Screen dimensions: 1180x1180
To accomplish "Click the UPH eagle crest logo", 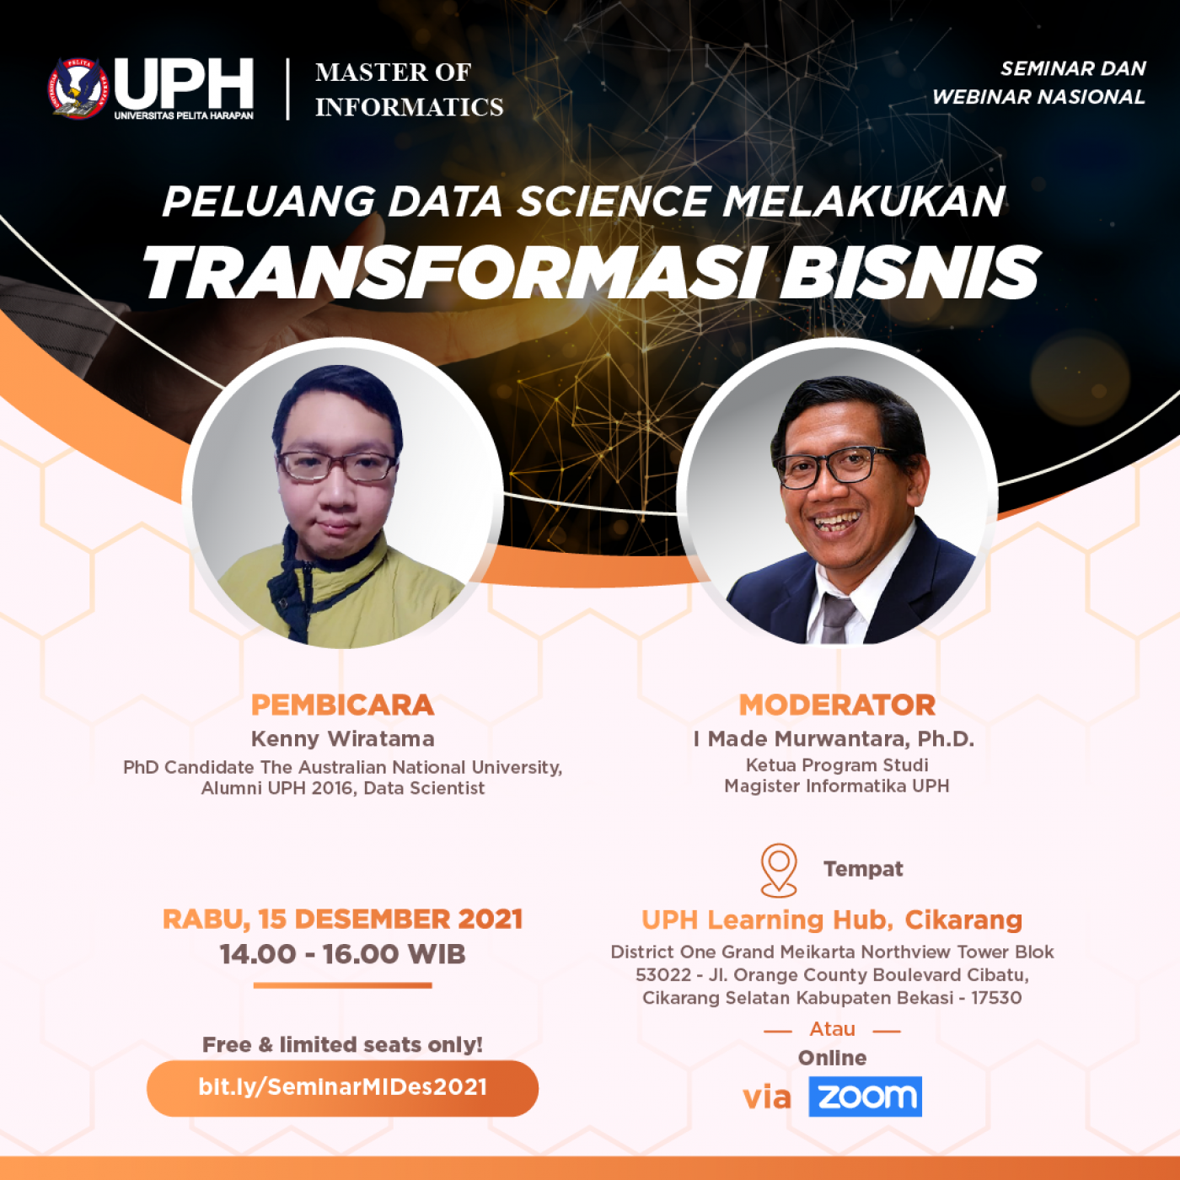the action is (x=78, y=88).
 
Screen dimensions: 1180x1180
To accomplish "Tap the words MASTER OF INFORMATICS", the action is (x=409, y=89).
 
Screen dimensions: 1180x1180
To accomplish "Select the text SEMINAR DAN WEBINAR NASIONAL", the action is (x=1038, y=83).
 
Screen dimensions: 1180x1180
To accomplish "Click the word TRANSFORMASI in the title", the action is (x=449, y=273).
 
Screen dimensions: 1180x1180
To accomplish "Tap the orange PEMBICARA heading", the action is (x=342, y=705).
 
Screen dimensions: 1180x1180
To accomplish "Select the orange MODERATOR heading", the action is (x=837, y=705).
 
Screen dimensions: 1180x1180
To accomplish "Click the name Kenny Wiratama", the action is (x=342, y=739).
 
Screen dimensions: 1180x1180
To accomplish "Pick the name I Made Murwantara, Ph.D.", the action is (x=834, y=739).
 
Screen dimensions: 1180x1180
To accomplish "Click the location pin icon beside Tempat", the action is (x=778, y=870).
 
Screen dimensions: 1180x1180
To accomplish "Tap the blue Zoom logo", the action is (x=865, y=1096).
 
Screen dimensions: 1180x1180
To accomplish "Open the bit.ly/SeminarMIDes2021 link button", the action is (x=342, y=1087).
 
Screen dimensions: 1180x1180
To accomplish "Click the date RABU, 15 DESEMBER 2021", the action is (x=342, y=920).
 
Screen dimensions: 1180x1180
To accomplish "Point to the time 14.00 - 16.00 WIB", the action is (x=342, y=954).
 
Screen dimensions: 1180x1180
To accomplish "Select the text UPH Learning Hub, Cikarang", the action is (x=832, y=920).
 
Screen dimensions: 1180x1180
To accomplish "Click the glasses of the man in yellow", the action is (x=337, y=466).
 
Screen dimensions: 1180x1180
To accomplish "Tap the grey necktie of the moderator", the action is (x=838, y=616).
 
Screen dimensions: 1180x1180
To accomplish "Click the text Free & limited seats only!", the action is (x=342, y=1044).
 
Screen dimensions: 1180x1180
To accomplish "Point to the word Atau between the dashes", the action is (x=832, y=1029).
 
